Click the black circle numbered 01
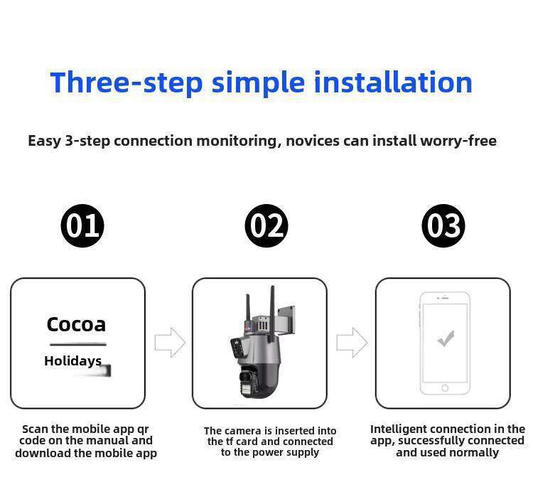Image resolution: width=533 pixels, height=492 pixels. tap(82, 225)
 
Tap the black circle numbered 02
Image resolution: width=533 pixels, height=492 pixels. tap(266, 225)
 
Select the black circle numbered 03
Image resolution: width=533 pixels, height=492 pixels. tap(443, 225)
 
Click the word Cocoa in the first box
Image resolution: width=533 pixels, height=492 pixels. tap(76, 324)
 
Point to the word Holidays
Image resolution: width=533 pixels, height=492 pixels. tap(72, 361)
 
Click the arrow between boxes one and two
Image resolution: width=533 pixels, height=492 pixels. tap(170, 343)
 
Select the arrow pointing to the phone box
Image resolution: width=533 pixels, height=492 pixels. tap(352, 343)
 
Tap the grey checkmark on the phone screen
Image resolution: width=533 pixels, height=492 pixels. tap(446, 338)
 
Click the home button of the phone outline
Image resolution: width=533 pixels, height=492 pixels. tap(445, 388)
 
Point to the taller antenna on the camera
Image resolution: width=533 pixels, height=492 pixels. tap(272, 314)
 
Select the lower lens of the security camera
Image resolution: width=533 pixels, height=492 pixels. tap(245, 377)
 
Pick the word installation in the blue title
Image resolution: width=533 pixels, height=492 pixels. tap(393, 82)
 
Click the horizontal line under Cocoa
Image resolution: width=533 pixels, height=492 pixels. tap(78, 344)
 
